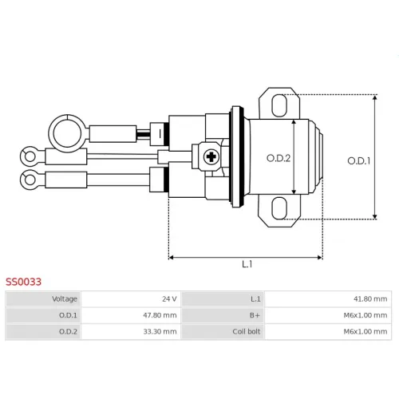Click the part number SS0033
click(23, 282)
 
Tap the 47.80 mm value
click(160, 315)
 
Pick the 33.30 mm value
click(160, 332)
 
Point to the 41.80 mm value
click(370, 299)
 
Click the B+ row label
click(255, 315)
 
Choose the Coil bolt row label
click(247, 332)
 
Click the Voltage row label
click(65, 299)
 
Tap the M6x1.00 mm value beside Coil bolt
click(365, 332)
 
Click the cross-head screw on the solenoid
click(211, 156)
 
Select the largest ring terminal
click(67, 133)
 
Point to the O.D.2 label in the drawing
click(279, 159)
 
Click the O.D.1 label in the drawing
click(359, 161)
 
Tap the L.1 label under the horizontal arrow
click(247, 264)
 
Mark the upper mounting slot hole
click(279, 105)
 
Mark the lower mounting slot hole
click(279, 208)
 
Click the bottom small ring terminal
click(30, 180)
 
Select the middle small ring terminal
click(30, 156)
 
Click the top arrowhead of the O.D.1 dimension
click(375, 97)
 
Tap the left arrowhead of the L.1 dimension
click(171, 258)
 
